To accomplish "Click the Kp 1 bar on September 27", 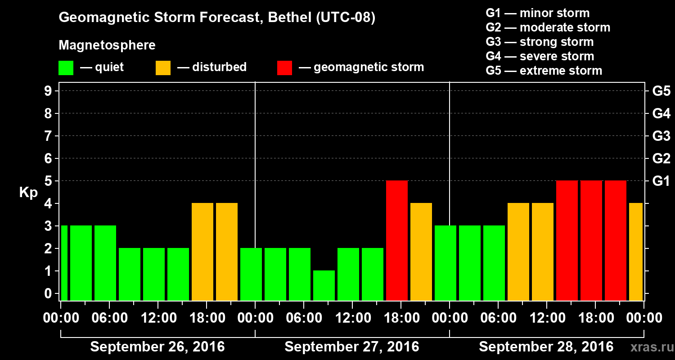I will (x=324, y=285).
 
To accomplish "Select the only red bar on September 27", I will (x=397, y=240).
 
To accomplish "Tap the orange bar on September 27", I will (x=421, y=252).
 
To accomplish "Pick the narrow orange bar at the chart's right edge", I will (x=636, y=252).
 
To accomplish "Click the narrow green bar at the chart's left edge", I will (x=64, y=263).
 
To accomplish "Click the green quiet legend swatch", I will (x=66, y=68).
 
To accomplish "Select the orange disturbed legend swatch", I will (x=163, y=68).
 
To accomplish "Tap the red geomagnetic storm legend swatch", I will (x=285, y=68).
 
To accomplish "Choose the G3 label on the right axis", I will (x=661, y=136).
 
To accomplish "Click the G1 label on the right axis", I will (x=661, y=181).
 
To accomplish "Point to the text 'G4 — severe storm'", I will (x=540, y=56).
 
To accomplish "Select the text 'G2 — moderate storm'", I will (x=548, y=27).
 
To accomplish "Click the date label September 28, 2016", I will (x=546, y=347).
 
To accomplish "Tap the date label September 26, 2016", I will (x=157, y=347).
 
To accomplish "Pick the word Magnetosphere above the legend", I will (x=107, y=45).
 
